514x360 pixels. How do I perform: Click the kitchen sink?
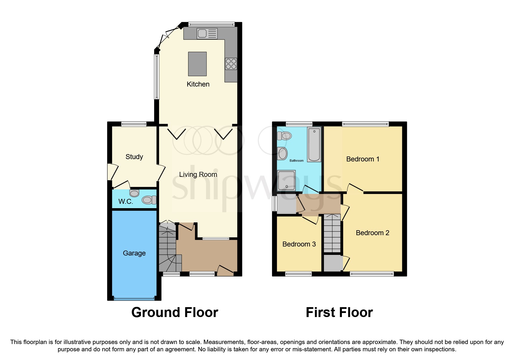[207, 34]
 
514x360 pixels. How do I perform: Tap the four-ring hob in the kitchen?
[231, 64]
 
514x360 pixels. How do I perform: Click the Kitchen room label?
[198, 84]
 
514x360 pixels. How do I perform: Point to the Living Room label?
[198, 174]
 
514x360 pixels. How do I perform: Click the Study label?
[134, 157]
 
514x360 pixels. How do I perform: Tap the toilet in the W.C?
[149, 200]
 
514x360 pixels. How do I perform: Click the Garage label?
[134, 253]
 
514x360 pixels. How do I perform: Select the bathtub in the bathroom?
[314, 144]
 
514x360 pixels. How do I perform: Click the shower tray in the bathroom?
[286, 180]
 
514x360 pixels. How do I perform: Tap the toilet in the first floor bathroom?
[284, 136]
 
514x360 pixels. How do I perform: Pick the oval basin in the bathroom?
[282, 153]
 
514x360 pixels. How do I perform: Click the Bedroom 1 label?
[363, 159]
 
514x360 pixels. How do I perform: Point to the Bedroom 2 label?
[372, 233]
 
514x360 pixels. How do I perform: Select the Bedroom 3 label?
[299, 244]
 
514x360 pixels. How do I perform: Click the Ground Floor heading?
[175, 312]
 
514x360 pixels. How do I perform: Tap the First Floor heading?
[339, 312]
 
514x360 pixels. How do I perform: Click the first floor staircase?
[332, 234]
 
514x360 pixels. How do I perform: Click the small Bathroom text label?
[296, 161]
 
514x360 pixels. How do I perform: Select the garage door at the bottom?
[134, 298]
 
